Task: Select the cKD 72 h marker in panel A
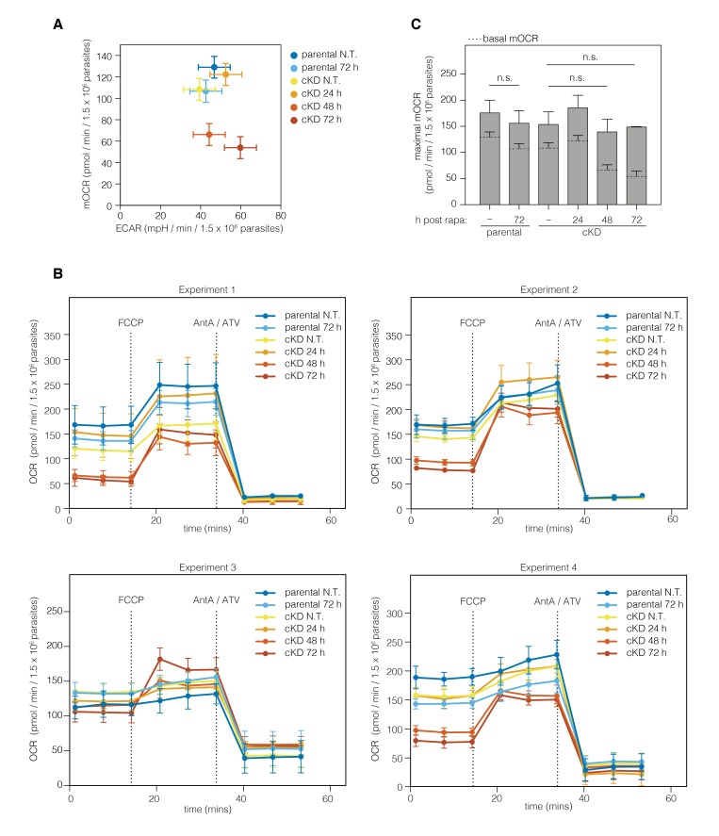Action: click(x=240, y=147)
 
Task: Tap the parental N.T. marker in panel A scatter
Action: click(x=214, y=67)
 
